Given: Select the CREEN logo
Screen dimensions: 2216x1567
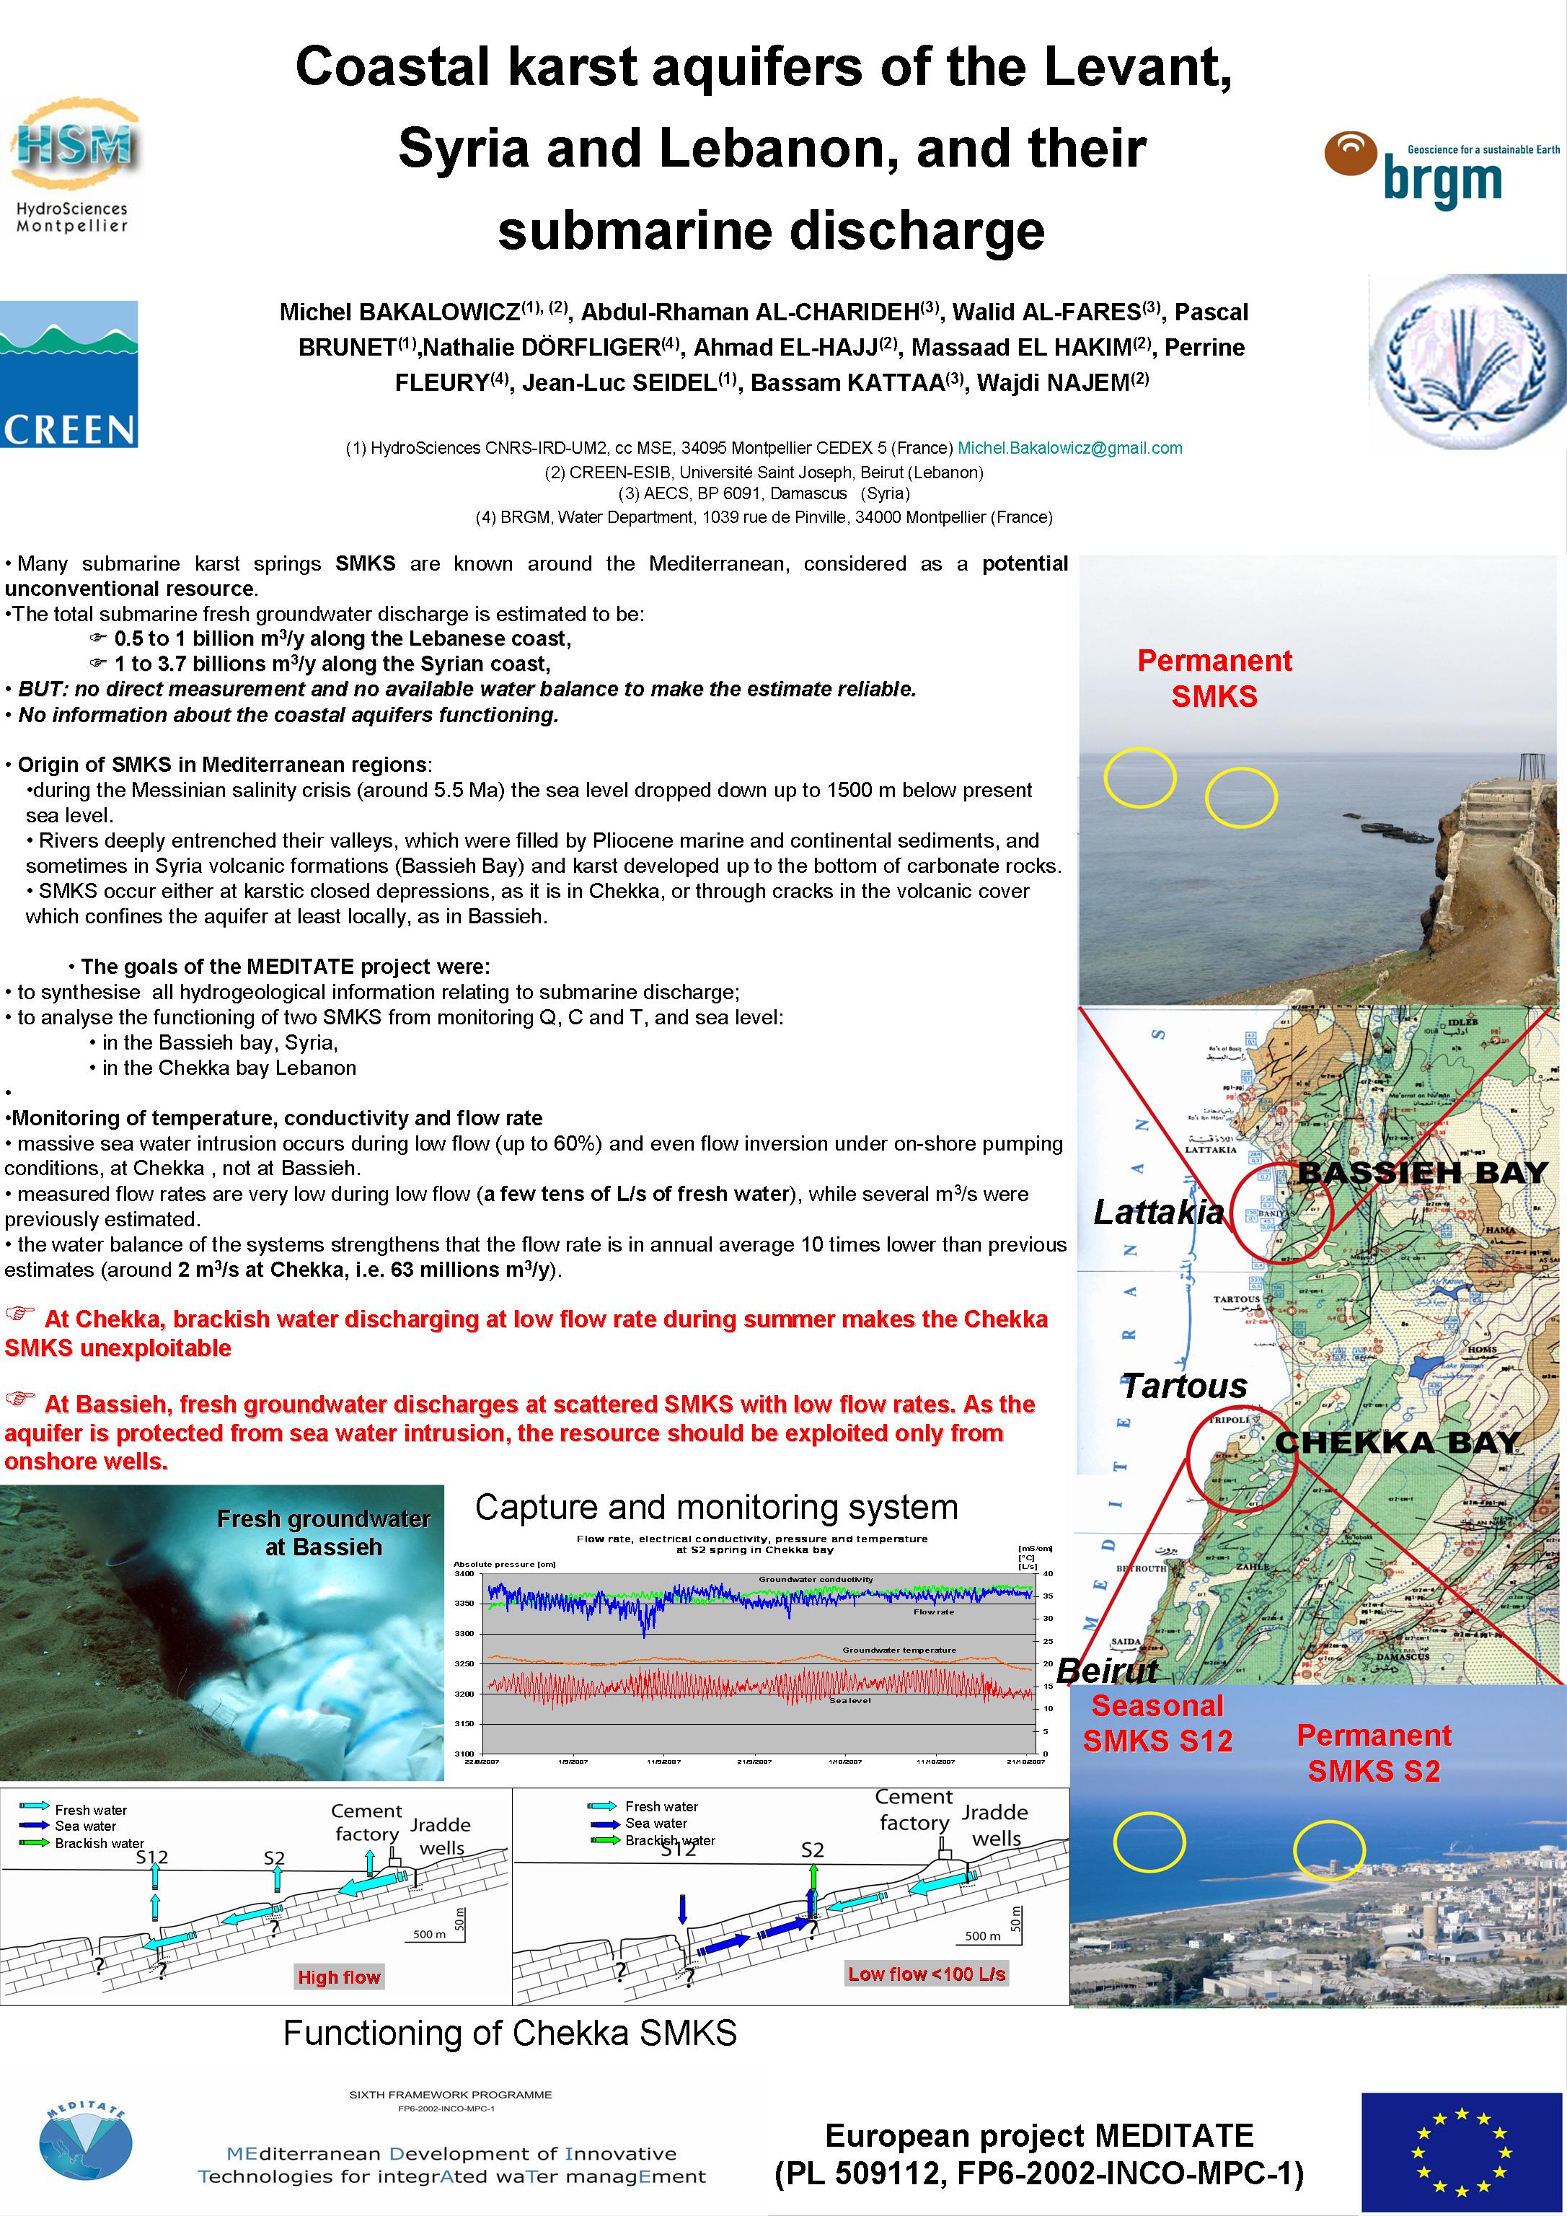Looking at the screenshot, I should [69, 374].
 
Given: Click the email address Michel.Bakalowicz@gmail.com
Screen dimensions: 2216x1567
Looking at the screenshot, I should [1069, 448].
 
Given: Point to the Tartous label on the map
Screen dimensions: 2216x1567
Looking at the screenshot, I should [1184, 1386].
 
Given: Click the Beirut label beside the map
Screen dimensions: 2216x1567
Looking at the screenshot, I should [1107, 1670].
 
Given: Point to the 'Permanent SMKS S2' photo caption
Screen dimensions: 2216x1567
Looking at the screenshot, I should [1373, 1753].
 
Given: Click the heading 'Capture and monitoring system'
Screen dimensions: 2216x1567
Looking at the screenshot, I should [716, 1507].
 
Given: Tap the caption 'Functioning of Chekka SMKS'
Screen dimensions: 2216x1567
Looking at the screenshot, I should [509, 2034].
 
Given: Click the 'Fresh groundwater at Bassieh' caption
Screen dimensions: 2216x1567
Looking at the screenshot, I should [323, 1533].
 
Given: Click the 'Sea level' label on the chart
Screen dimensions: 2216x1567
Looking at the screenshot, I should [850, 1701].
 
